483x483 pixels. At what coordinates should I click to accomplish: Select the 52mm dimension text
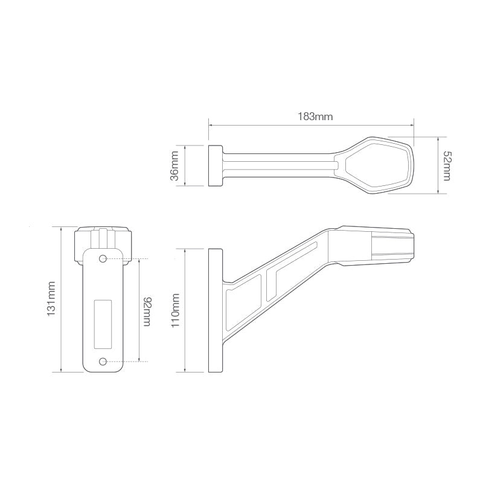446,165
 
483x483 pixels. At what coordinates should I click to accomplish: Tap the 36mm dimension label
174,166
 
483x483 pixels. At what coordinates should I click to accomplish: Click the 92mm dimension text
147,311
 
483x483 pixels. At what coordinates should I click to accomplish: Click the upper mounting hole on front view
103,259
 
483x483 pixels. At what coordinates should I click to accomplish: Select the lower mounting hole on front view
103,361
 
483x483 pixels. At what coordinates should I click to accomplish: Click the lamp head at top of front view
103,241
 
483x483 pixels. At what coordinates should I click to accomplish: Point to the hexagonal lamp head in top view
379,165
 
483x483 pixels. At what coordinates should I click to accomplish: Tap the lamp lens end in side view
392,245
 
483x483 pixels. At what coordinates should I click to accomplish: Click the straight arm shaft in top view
278,165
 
